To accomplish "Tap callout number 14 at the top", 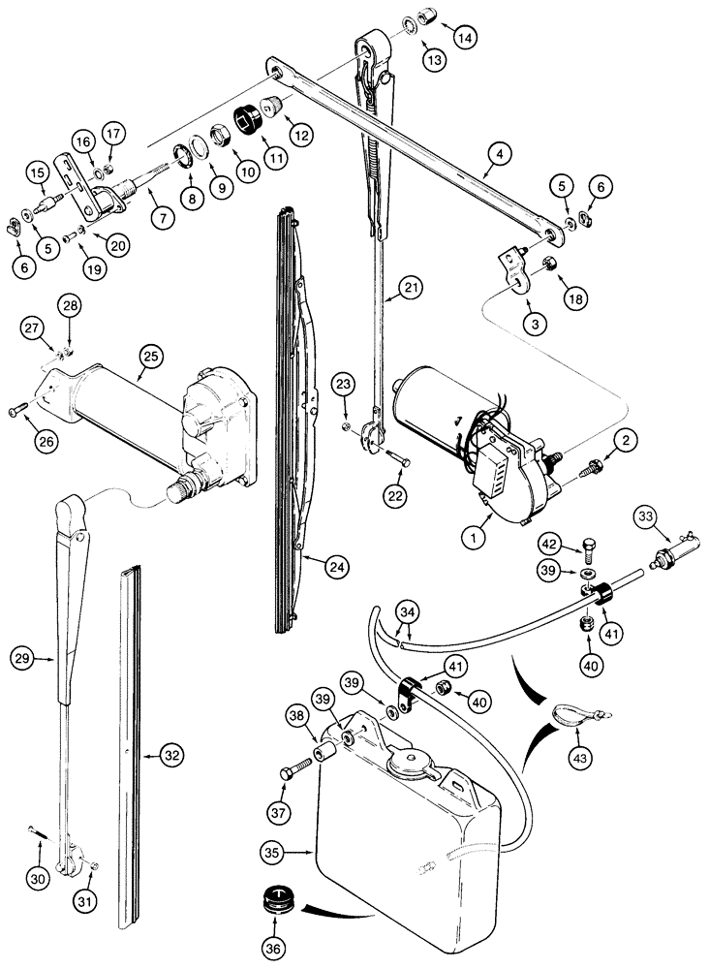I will click(x=466, y=39).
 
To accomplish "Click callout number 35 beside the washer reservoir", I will click(x=272, y=854).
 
